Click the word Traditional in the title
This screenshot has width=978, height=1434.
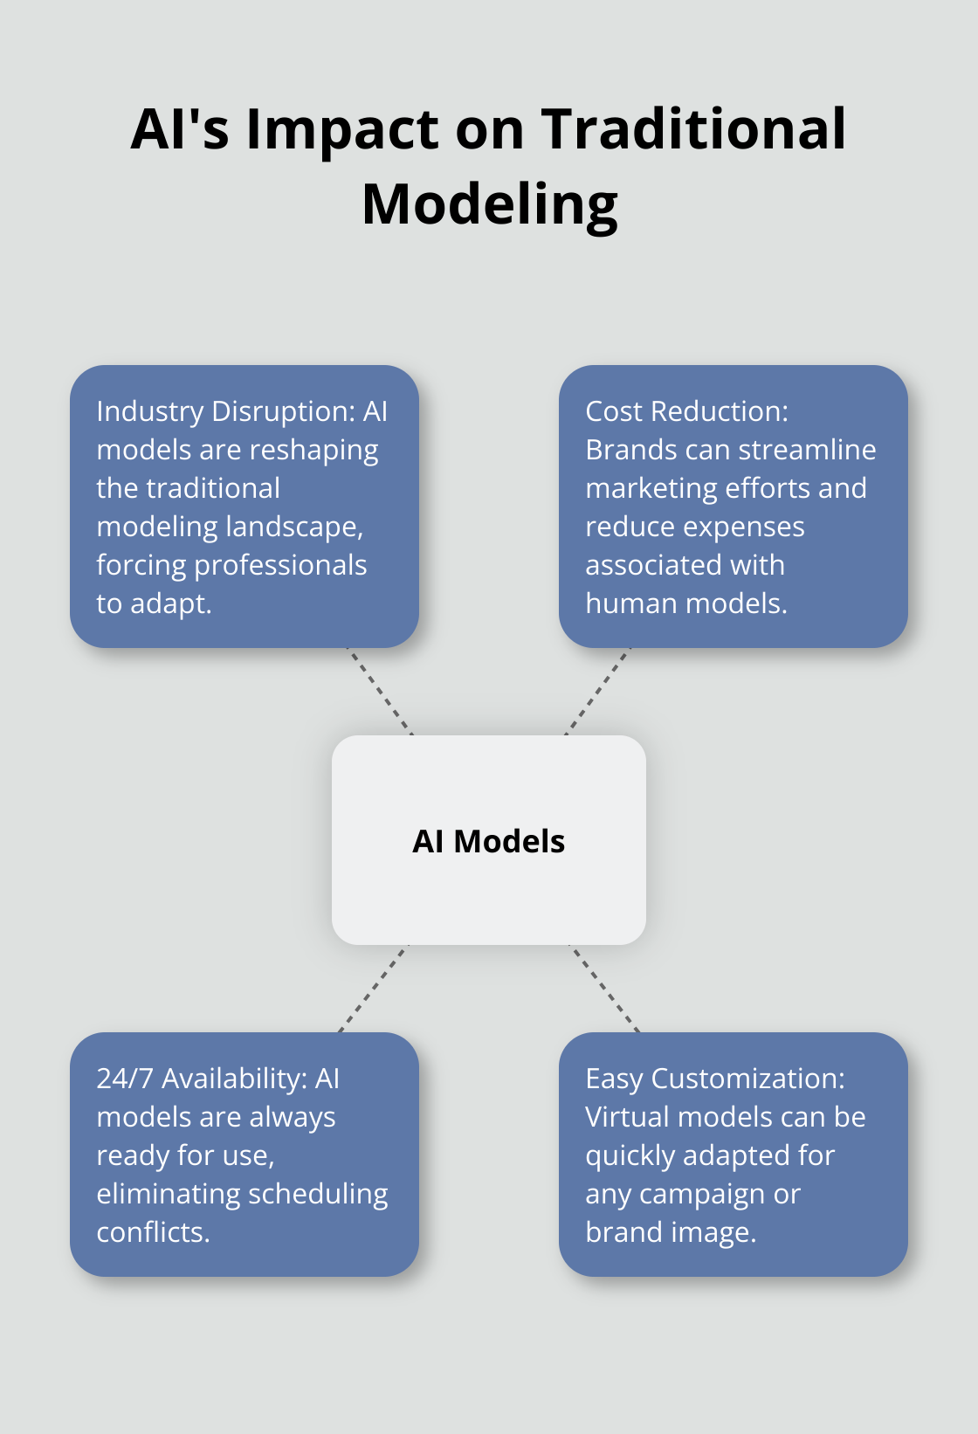coord(693,129)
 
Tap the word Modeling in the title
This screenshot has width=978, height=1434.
coord(490,205)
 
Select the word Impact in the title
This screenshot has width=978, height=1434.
coord(343,129)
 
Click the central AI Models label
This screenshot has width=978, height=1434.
coord(489,841)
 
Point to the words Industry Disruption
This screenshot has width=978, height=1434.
coord(213,411)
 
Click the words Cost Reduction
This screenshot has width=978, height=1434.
coord(686,411)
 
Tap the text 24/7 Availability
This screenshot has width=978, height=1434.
coord(201,1079)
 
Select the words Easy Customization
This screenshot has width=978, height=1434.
coord(714,1079)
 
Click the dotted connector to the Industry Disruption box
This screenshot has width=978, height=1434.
coord(381,692)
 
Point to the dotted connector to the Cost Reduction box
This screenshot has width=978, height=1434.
coord(597,692)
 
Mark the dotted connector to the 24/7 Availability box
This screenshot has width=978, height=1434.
coord(374,989)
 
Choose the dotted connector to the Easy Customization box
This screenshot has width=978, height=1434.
coord(604,989)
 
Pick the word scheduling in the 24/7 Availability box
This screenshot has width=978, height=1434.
coord(315,1194)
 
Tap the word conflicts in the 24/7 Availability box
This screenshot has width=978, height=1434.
coord(153,1232)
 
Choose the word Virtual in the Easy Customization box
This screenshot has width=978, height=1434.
coord(627,1117)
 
